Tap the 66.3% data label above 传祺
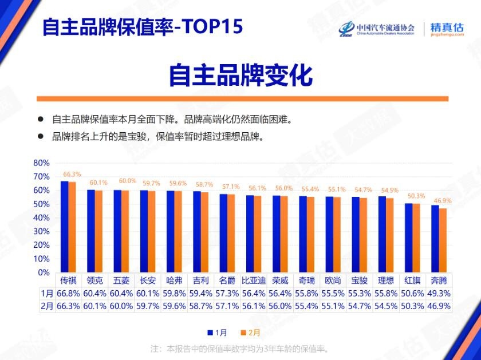(72, 174)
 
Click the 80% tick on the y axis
(42, 163)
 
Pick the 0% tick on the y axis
(44, 272)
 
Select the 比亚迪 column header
(254, 281)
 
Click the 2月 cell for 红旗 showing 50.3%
(412, 306)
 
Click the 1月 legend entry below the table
(219, 332)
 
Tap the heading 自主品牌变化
(240, 76)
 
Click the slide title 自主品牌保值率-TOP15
(143, 26)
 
